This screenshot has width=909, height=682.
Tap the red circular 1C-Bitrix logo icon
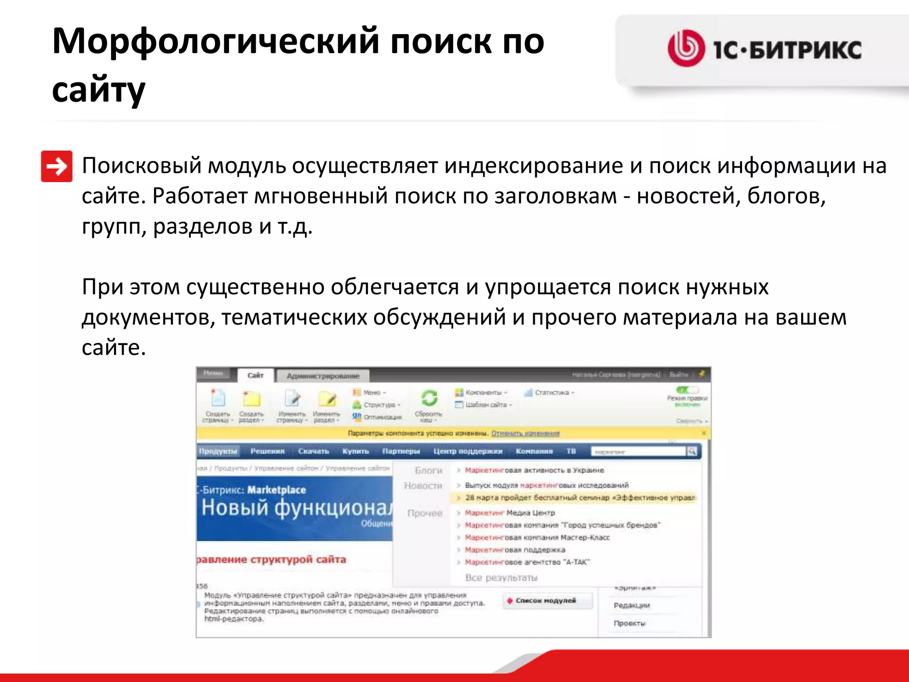686,48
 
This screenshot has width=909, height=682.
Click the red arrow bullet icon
56,167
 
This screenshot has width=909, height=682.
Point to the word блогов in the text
786,196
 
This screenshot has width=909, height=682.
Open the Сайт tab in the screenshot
255,376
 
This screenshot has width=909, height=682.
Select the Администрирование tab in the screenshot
323,376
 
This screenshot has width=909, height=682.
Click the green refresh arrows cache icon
429,398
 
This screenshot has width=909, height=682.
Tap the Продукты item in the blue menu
218,451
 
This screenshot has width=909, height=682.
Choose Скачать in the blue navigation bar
313,451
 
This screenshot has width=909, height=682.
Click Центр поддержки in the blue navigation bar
467,451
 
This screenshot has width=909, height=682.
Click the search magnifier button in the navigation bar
692,452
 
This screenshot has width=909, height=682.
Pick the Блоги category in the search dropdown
428,470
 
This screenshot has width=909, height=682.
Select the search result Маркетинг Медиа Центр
510,513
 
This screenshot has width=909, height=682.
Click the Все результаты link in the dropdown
501,578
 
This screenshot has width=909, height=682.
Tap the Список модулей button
545,601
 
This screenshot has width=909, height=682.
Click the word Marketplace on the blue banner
277,490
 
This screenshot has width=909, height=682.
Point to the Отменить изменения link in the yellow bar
525,433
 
